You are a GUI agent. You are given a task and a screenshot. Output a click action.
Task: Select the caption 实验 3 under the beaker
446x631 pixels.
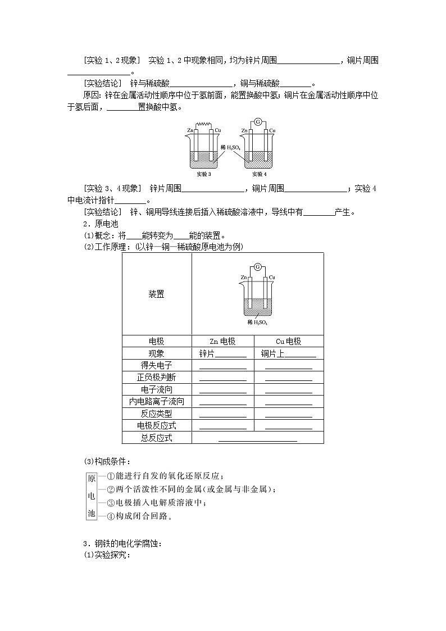coord(203,174)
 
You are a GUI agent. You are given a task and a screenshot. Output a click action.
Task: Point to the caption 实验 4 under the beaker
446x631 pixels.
coord(258,174)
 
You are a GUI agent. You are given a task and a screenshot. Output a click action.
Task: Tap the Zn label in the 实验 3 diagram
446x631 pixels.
coord(190,131)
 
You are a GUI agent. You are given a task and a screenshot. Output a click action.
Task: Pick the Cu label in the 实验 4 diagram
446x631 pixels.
coord(272,131)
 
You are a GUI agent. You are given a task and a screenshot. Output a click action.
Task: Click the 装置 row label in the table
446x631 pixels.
coord(156,294)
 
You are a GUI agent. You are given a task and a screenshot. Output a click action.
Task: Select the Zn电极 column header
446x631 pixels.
coord(222,342)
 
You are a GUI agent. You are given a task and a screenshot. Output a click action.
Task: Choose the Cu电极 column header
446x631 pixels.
coord(288,342)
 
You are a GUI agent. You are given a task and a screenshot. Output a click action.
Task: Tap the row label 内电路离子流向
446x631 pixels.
coord(157,401)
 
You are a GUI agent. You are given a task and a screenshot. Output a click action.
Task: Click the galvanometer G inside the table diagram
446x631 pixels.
coord(258,266)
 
